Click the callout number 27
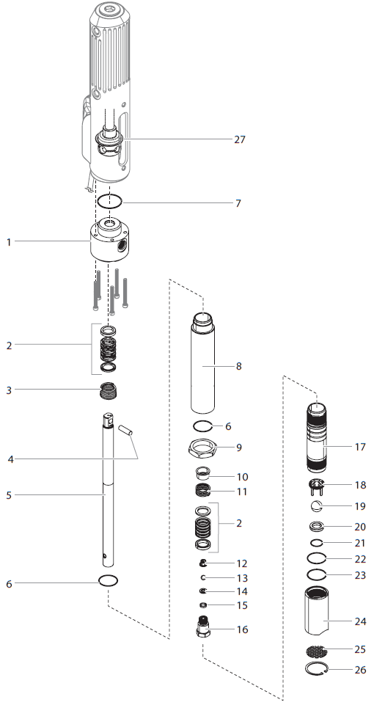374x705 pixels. coord(240,139)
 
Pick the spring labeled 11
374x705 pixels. coord(205,491)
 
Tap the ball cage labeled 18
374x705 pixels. coord(316,485)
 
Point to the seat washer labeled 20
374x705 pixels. coord(316,526)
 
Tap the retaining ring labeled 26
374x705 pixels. coord(317,668)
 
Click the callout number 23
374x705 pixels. coord(360,576)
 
